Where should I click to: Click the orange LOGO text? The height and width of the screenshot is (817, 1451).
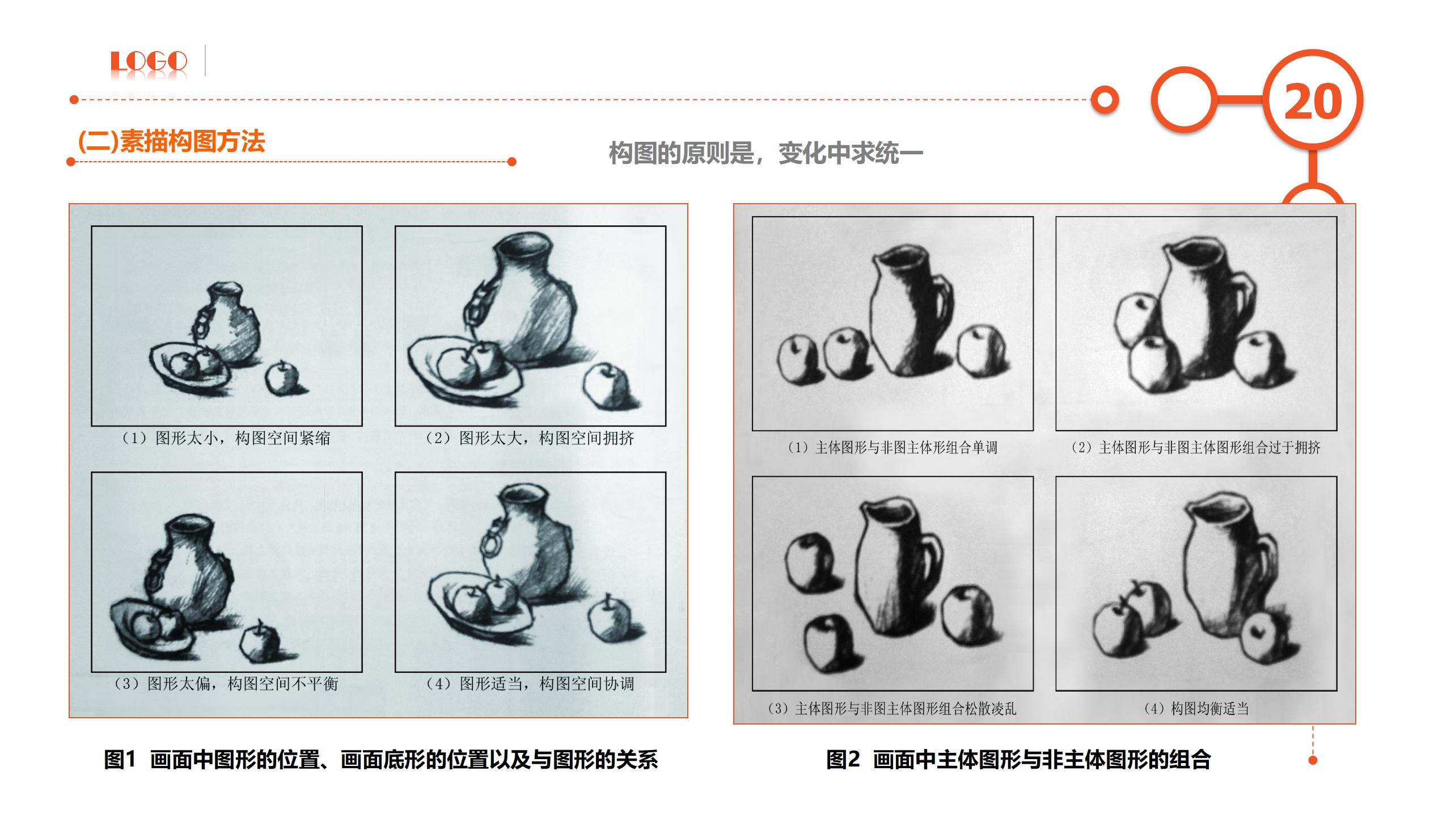[149, 61]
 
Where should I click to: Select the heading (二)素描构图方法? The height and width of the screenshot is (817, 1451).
[171, 141]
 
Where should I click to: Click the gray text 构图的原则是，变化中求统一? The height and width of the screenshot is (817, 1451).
[765, 153]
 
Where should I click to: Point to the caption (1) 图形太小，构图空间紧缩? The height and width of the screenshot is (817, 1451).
[226, 438]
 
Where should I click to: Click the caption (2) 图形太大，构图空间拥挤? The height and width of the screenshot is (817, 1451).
[530, 438]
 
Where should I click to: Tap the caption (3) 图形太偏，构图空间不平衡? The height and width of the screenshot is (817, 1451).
[226, 684]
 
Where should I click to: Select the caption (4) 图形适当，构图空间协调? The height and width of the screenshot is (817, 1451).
[530, 684]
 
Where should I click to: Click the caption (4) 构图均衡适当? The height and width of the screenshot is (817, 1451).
[1196, 709]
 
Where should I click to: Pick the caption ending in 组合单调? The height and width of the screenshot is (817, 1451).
[892, 448]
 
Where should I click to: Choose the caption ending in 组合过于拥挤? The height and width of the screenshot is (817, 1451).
[1196, 448]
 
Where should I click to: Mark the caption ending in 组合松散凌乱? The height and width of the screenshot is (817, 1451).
[892, 709]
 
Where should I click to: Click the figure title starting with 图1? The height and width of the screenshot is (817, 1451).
[380, 760]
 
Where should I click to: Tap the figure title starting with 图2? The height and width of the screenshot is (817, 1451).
[1018, 760]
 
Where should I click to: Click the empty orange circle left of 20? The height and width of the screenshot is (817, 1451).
[1185, 100]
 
